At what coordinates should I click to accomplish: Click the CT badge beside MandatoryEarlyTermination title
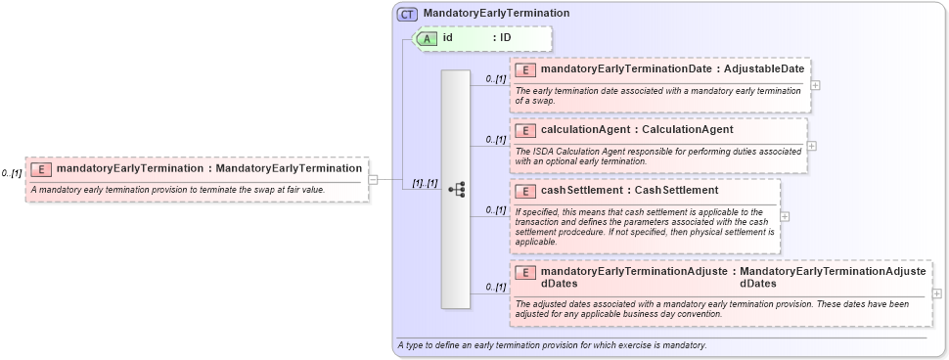(407, 15)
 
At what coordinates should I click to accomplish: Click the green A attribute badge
(427, 38)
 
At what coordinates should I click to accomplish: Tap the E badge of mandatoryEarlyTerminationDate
(526, 69)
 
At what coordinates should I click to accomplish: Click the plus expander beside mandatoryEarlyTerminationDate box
(815, 84)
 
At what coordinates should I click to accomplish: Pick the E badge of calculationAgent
(526, 130)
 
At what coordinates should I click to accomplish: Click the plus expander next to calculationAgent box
(811, 146)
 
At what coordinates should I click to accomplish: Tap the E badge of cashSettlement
(526, 191)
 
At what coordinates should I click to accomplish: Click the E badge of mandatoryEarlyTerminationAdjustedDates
(526, 273)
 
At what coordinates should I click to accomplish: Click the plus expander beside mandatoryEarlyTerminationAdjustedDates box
(937, 292)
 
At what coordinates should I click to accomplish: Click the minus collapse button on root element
(373, 179)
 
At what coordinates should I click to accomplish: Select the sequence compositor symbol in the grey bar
(456, 190)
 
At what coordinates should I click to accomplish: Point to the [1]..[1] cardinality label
(425, 184)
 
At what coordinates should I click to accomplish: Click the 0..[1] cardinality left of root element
(11, 173)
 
